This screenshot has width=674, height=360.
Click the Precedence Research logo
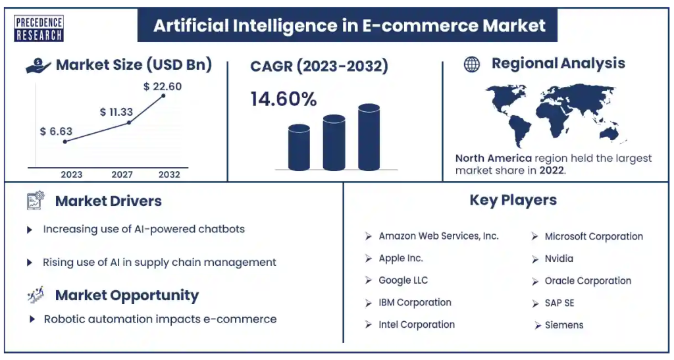tap(39, 28)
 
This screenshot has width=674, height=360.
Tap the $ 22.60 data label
tap(163, 86)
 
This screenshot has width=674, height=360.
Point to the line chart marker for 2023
tap(65, 141)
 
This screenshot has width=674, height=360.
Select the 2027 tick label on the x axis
tap(122, 174)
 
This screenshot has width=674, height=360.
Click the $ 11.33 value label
tap(117, 112)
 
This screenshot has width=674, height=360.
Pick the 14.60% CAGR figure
tap(284, 99)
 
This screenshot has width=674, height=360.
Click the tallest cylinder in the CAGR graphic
tap(369, 137)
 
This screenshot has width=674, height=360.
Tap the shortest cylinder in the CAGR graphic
tap(299, 147)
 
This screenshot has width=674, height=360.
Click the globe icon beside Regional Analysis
tap(471, 64)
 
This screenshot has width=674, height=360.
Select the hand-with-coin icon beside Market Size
tap(39, 66)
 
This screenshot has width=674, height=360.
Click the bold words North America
tap(494, 158)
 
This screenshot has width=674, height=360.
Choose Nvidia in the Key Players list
tap(559, 259)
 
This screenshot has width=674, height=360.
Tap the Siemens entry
tap(564, 325)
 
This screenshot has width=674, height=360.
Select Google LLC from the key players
tap(403, 280)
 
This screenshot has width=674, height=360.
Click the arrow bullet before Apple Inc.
tap(369, 259)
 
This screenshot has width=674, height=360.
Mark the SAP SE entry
tap(559, 303)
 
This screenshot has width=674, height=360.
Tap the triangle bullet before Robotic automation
tap(32, 319)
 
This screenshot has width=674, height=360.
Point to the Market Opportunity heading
tap(127, 296)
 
